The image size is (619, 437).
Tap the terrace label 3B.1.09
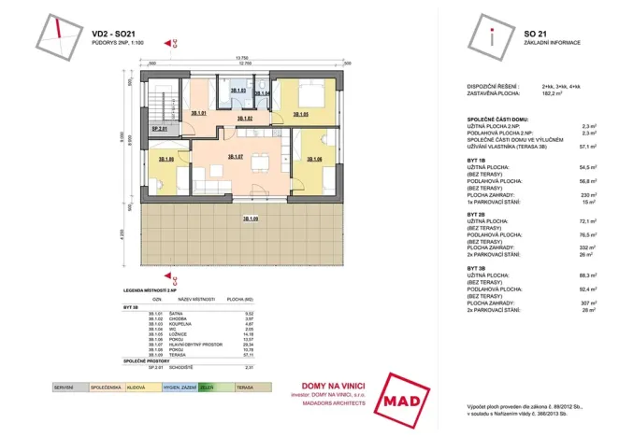[251, 218]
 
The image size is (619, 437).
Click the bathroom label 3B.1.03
[238, 91]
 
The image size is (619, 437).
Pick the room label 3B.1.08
[167, 160]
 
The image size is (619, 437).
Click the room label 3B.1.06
[315, 160]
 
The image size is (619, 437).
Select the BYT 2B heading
[476, 214]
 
